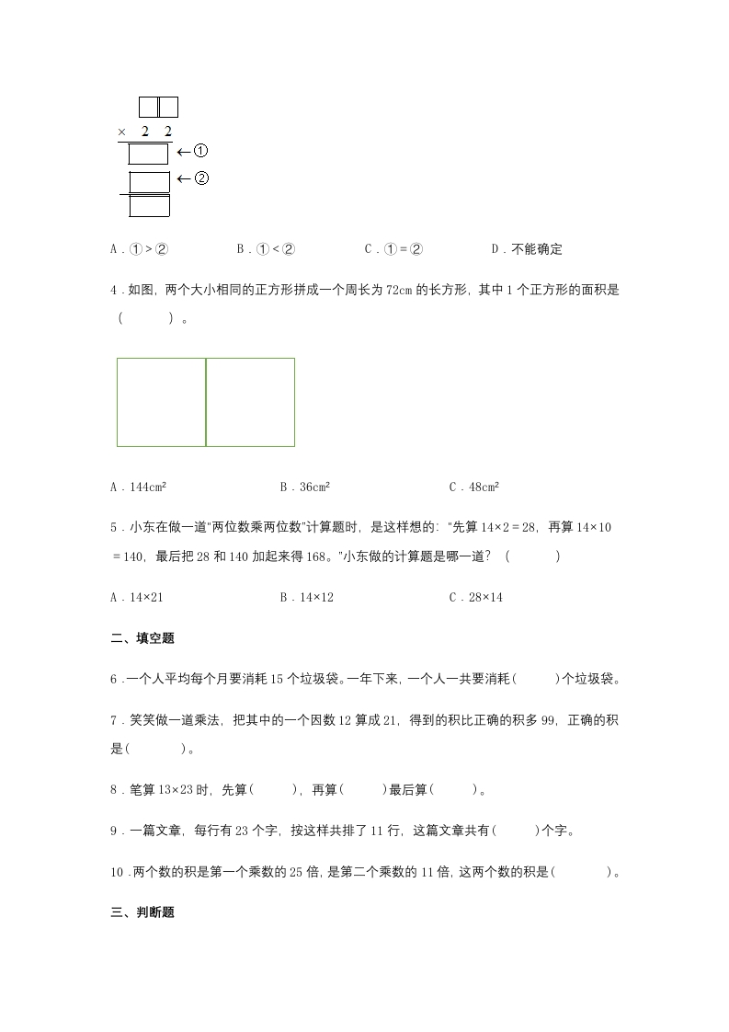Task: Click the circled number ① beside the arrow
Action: tap(202, 152)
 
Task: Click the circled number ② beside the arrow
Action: tap(202, 178)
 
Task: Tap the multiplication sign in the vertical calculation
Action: tap(121, 132)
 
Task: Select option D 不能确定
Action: tap(527, 249)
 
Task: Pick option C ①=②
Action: tap(393, 249)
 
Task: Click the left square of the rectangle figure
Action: tap(161, 402)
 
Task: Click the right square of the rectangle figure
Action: tap(250, 402)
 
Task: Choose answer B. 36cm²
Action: tap(305, 487)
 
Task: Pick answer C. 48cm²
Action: tap(473, 487)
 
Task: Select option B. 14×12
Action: tap(306, 597)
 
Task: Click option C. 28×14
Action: tap(475, 597)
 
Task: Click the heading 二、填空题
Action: tap(142, 638)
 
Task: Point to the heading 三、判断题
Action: tap(142, 913)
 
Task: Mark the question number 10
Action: tap(117, 872)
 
